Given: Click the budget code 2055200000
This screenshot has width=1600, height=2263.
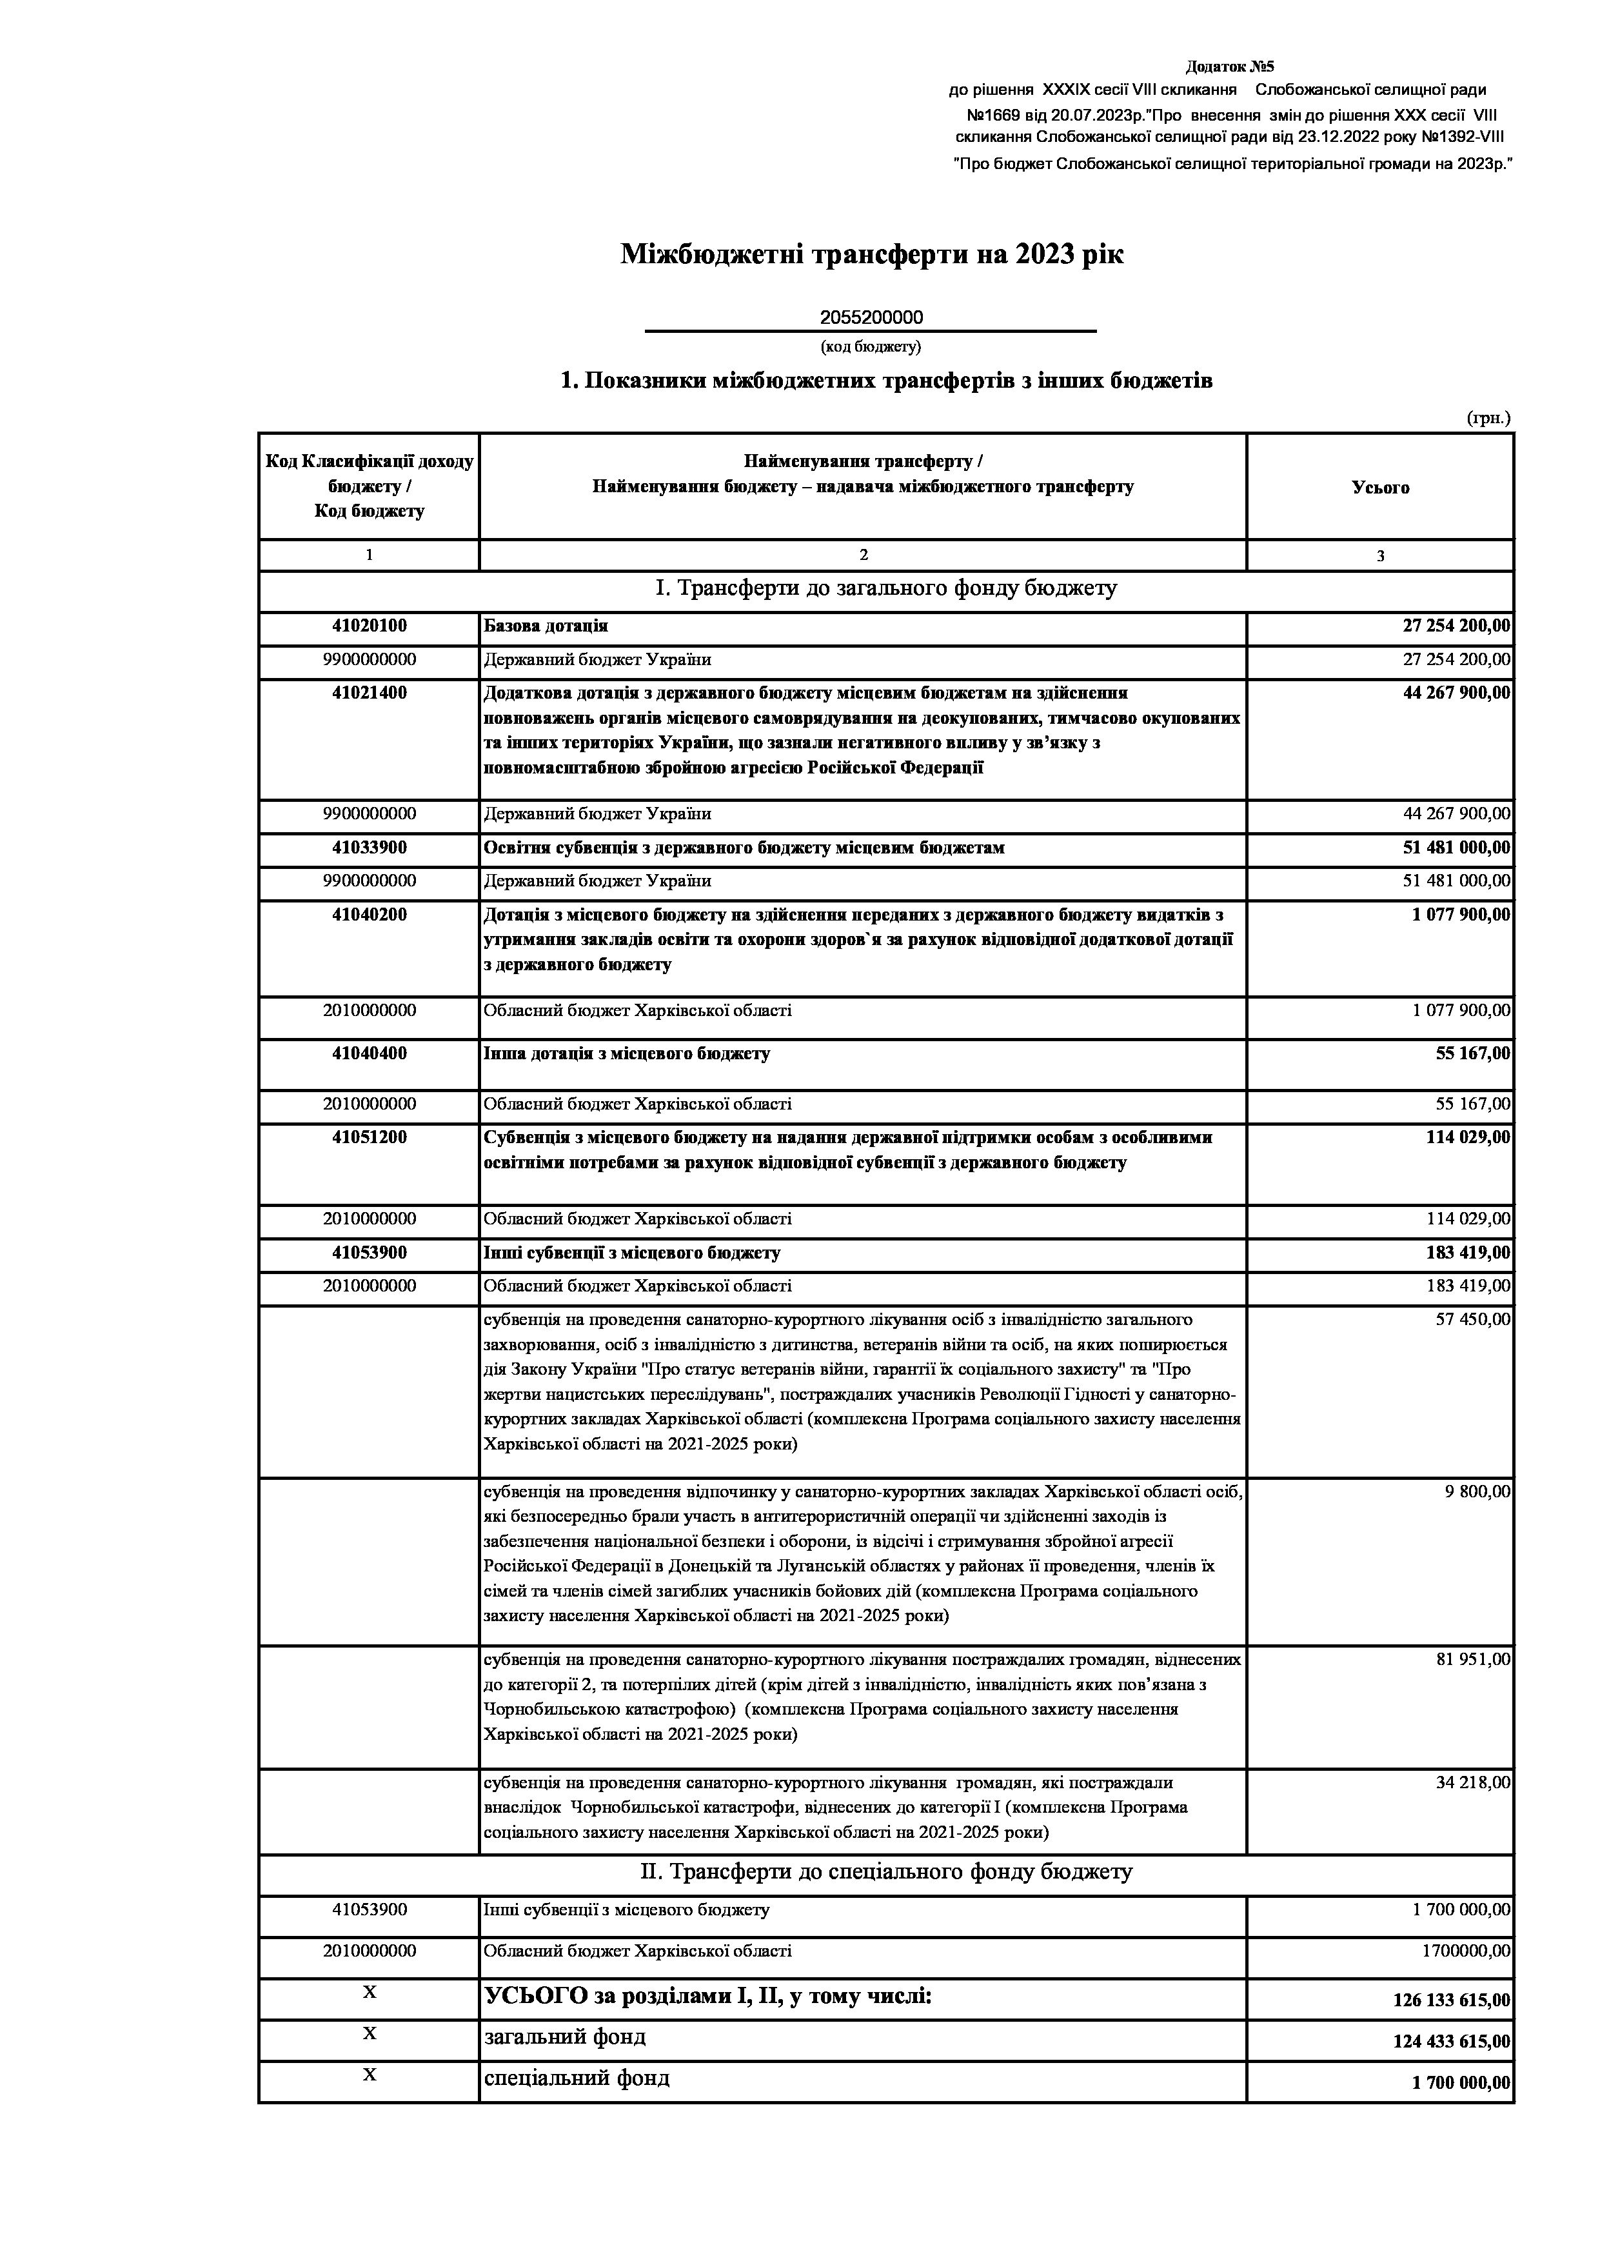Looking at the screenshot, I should [871, 317].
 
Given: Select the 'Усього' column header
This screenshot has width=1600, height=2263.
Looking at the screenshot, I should [1379, 487].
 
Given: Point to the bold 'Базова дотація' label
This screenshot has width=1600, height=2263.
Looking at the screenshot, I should [545, 626].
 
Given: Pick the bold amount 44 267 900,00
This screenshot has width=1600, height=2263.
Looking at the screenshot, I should [1455, 693].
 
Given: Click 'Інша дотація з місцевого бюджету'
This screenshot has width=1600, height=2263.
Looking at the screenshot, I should [627, 1053].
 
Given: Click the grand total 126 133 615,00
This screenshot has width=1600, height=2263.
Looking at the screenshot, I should [1450, 2002].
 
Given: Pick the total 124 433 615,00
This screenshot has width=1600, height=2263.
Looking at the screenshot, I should [1450, 2041].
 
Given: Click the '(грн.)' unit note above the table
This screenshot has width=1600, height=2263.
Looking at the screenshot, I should [1488, 418].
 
